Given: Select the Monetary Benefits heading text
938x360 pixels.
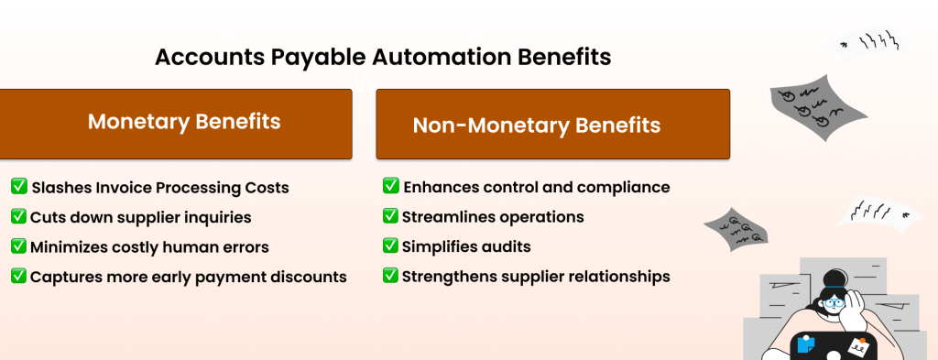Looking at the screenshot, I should (x=184, y=122).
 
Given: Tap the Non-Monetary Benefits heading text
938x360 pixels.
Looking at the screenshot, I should (x=536, y=125).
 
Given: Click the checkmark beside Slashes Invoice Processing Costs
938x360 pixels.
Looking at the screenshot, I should (x=18, y=187).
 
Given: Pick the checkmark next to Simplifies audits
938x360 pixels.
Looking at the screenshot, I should (x=390, y=246).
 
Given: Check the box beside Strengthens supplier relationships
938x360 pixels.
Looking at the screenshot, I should (x=390, y=275).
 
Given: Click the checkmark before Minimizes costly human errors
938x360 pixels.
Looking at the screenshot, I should (x=18, y=245).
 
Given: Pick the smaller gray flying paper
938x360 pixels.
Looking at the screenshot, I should (x=740, y=229).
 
